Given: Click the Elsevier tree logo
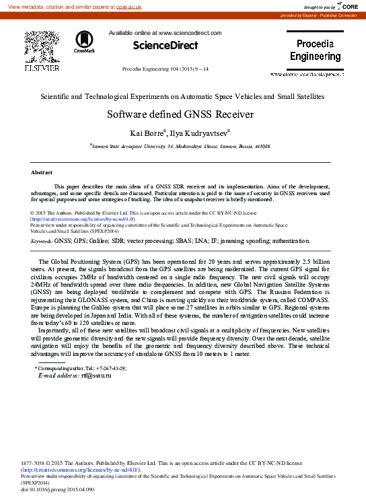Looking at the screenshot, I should (x=42, y=47).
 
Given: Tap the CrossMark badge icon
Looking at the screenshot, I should (x=85, y=42).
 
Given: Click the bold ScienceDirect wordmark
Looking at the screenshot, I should (x=165, y=45).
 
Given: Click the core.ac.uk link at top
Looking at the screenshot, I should (x=129, y=6).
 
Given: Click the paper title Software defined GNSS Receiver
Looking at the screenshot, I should (x=180, y=114).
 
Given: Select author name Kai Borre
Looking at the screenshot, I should (x=145, y=133).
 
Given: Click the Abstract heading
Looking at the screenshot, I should (x=42, y=173).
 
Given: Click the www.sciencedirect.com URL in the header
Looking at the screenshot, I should (x=190, y=32).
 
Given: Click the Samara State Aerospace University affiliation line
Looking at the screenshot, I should (x=181, y=145).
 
